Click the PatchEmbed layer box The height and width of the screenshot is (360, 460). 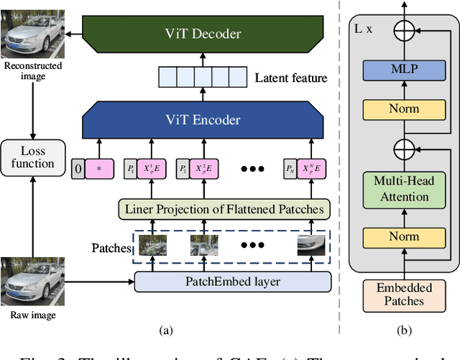[x=233, y=282]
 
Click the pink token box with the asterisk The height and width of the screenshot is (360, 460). [x=104, y=170]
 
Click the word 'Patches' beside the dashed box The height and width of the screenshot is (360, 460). [x=111, y=249]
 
